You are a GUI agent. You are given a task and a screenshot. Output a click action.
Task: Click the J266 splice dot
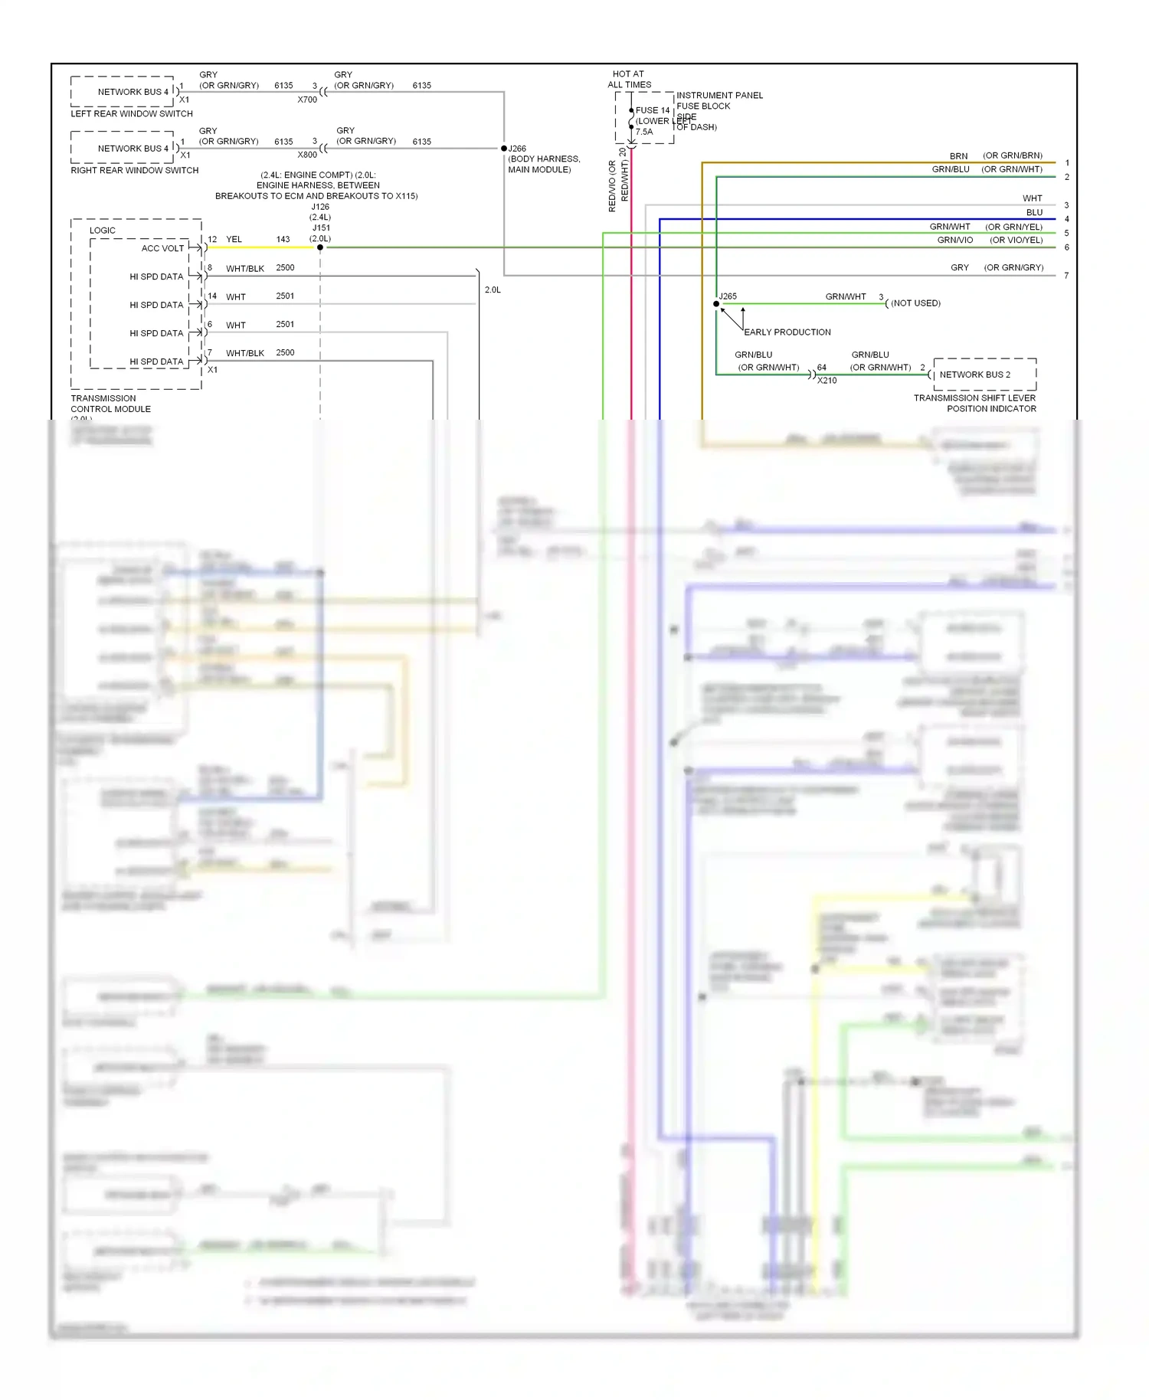(x=504, y=149)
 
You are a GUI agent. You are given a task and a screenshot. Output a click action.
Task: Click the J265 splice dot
(x=716, y=304)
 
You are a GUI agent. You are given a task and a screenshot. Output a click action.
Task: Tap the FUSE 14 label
(x=653, y=110)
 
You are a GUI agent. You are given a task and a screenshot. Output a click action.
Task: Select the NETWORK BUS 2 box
(x=984, y=375)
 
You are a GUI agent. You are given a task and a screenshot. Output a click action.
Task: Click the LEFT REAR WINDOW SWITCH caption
(x=132, y=114)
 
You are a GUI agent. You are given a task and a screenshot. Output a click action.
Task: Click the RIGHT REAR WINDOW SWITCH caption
(x=135, y=171)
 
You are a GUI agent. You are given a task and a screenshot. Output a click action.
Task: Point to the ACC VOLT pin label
(x=162, y=248)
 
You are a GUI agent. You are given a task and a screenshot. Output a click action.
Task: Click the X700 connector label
(x=307, y=100)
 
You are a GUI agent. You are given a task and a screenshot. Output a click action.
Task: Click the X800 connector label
(x=307, y=155)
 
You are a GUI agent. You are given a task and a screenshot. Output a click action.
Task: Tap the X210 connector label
(x=827, y=381)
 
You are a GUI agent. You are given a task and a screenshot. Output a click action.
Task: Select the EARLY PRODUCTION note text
(x=787, y=332)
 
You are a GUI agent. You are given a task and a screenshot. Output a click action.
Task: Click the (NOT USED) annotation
(x=915, y=303)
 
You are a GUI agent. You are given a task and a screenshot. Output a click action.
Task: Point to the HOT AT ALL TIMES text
(x=629, y=80)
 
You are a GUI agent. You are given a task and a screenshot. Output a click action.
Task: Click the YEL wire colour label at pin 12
(x=234, y=240)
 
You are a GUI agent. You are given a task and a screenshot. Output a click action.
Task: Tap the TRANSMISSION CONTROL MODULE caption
(x=110, y=404)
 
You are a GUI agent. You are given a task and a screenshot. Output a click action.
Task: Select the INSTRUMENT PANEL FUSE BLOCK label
(x=719, y=101)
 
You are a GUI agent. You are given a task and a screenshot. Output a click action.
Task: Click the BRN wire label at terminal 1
(x=958, y=156)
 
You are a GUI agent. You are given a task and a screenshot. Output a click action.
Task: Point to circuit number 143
(x=283, y=240)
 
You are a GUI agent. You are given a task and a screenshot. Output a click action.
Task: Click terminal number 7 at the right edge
(x=1066, y=276)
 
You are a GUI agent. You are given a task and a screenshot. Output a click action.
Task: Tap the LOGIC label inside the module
(x=103, y=231)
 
